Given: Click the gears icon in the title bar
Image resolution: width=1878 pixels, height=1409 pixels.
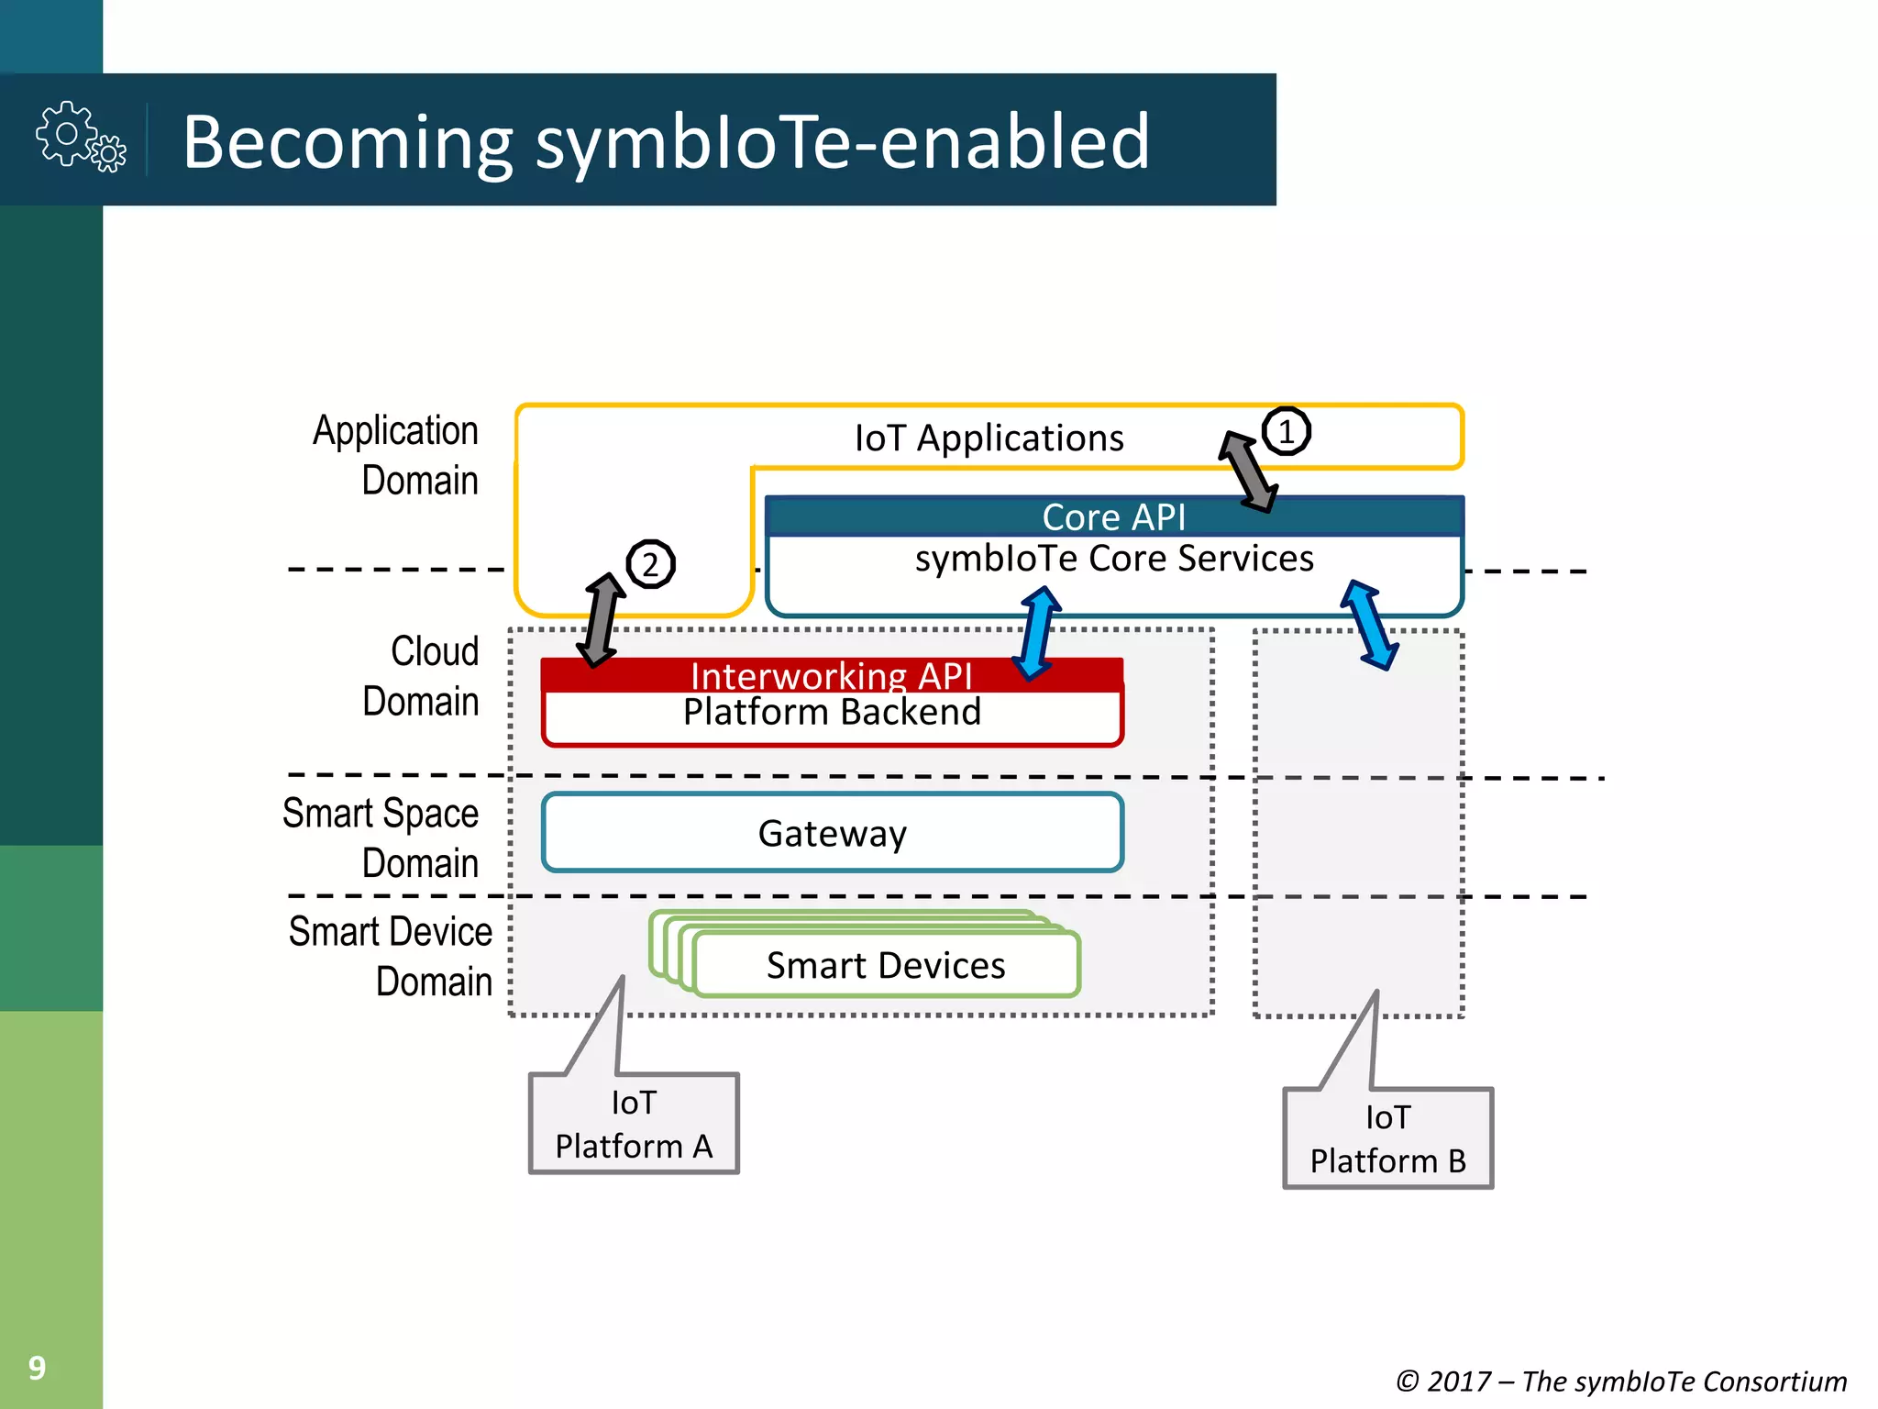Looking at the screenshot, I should pyautogui.click(x=81, y=138).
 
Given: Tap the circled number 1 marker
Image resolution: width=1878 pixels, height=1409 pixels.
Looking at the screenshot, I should pyautogui.click(x=1286, y=431).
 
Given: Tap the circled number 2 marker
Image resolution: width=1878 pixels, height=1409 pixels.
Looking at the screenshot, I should pyautogui.click(x=650, y=564).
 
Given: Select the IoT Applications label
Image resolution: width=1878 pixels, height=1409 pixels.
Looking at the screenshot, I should pyautogui.click(x=989, y=438).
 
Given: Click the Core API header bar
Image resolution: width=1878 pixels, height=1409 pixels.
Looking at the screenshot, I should pyautogui.click(x=1113, y=517).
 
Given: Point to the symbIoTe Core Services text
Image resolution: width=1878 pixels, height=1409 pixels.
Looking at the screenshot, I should pyautogui.click(x=1113, y=559).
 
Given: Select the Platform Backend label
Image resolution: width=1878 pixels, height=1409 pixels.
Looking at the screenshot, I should pyautogui.click(x=832, y=713).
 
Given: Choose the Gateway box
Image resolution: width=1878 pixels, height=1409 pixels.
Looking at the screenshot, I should pyautogui.click(x=832, y=833).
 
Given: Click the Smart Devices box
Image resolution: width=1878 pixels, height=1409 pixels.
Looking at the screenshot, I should pyautogui.click(x=886, y=965).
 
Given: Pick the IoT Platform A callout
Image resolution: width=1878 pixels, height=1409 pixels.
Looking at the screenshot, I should pyautogui.click(x=634, y=1124).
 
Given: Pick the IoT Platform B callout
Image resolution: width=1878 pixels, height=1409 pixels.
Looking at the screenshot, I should pyautogui.click(x=1387, y=1138).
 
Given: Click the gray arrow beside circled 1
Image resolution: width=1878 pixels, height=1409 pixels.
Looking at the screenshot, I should pyautogui.click(x=1248, y=472).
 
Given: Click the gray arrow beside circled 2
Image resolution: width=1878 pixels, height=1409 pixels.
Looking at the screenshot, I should pyautogui.click(x=602, y=620).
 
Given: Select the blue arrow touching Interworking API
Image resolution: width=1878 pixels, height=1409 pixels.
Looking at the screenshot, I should pyautogui.click(x=1037, y=633).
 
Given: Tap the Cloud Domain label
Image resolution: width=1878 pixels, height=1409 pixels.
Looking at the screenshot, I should pyautogui.click(x=422, y=676).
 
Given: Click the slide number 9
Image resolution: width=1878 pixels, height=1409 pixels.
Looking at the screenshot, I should pyautogui.click(x=37, y=1368).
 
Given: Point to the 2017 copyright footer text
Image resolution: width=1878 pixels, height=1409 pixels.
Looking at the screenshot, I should pyautogui.click(x=1620, y=1381).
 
